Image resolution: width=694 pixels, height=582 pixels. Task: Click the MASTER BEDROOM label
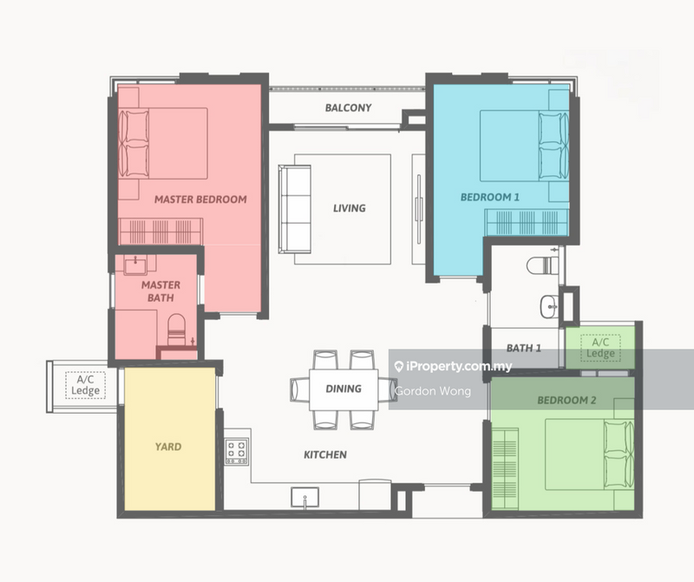pyautogui.click(x=200, y=199)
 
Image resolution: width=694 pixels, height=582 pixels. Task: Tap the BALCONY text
pyautogui.click(x=348, y=108)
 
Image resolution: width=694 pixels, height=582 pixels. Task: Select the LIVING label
pyautogui.click(x=349, y=208)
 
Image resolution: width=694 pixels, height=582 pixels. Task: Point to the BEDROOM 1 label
pyautogui.click(x=489, y=197)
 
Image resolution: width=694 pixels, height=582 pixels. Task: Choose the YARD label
pyautogui.click(x=168, y=447)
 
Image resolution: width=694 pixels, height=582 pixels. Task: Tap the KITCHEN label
pyautogui.click(x=325, y=454)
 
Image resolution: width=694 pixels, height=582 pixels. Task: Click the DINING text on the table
pyautogui.click(x=344, y=389)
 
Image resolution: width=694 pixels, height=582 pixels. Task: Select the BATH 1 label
pyautogui.click(x=524, y=348)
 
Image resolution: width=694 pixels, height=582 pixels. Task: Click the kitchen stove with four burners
pyautogui.click(x=237, y=451)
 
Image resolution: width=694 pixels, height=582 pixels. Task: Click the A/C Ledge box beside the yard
pyautogui.click(x=86, y=385)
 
